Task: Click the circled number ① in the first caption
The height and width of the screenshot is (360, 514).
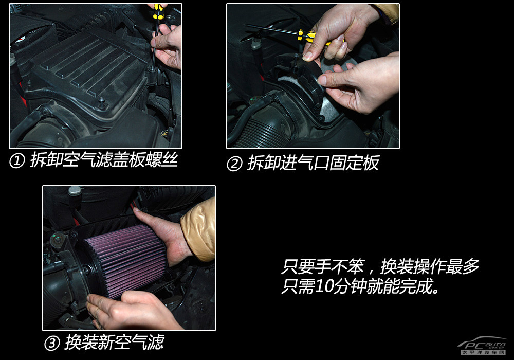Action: click(17, 161)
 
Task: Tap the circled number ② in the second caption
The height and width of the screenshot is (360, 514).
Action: click(234, 164)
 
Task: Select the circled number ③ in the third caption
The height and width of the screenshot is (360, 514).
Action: click(52, 343)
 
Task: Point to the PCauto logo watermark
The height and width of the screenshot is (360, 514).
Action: click(482, 346)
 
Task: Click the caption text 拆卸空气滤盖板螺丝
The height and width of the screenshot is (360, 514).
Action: click(104, 160)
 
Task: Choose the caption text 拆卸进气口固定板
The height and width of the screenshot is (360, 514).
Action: click(314, 163)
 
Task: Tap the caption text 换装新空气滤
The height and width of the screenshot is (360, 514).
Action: click(115, 343)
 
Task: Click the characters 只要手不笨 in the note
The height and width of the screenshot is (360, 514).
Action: click(323, 266)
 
